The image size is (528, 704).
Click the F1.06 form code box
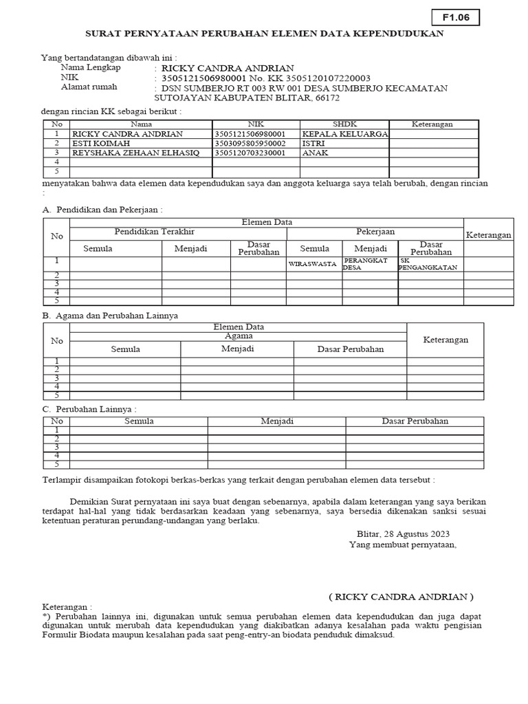click(455, 18)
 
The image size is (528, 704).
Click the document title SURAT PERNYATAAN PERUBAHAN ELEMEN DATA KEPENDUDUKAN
click(264, 33)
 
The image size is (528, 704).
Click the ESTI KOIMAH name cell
click(96, 143)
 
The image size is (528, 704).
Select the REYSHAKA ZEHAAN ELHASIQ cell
click(135, 153)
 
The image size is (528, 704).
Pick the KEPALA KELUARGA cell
click(344, 133)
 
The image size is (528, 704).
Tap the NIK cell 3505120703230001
click(250, 153)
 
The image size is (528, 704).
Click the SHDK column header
click(344, 124)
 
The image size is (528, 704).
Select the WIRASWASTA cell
click(313, 264)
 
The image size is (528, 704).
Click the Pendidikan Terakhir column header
click(155, 232)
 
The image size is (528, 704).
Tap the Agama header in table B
click(239, 336)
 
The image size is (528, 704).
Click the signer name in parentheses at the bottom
click(401, 596)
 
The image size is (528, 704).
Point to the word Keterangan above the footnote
click(67, 607)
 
